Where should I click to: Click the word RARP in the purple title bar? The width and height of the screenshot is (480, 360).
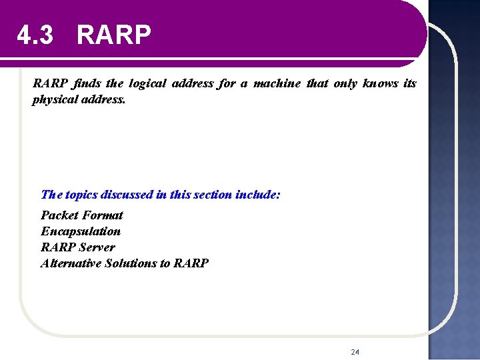tap(114, 35)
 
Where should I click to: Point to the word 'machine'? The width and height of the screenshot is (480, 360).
tap(276, 83)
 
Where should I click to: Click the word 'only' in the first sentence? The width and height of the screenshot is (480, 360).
tap(344, 83)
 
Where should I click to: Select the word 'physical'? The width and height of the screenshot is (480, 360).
tap(53, 99)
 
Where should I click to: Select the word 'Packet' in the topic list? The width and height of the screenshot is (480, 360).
tap(59, 215)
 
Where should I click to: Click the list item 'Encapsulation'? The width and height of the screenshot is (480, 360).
tap(81, 231)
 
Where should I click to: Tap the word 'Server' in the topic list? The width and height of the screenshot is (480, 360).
tap(97, 247)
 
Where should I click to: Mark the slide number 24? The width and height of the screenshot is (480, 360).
tap(355, 351)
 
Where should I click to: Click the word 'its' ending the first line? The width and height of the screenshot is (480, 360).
tap(410, 83)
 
